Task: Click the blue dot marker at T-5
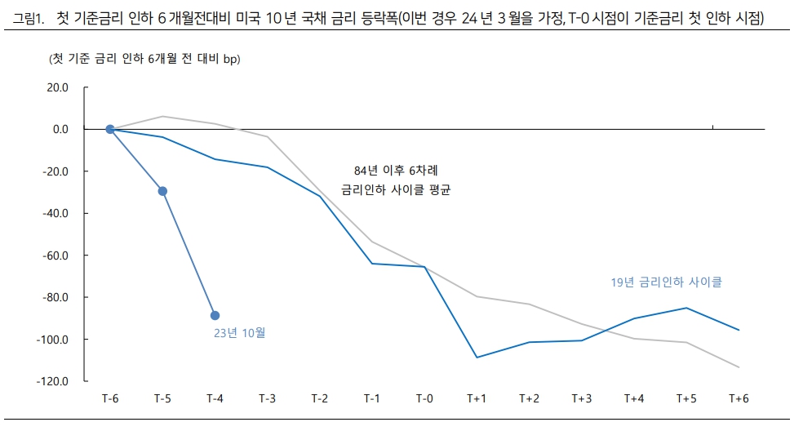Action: tap(162, 191)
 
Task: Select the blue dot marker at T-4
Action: tap(215, 315)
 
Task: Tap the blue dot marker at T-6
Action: tap(110, 129)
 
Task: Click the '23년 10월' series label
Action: tap(239, 333)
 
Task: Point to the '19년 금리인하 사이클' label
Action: tap(667, 282)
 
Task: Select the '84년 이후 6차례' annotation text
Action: tap(396, 170)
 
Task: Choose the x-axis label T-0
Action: tap(424, 398)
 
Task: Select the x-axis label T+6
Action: tap(739, 398)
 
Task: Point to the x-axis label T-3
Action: tap(267, 398)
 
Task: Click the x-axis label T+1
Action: tap(477, 398)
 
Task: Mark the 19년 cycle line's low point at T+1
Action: tap(477, 358)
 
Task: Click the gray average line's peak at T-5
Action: tap(162, 116)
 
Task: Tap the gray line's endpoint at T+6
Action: tap(739, 367)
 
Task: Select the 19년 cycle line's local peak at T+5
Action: tap(686, 308)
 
